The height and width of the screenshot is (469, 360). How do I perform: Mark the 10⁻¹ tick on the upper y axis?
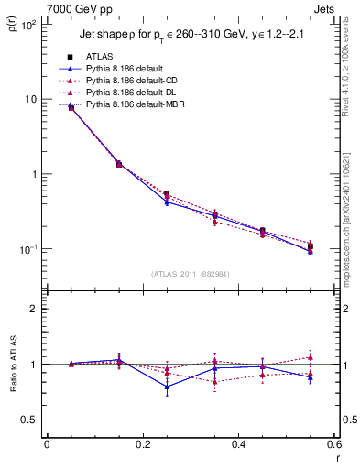coord(28,249)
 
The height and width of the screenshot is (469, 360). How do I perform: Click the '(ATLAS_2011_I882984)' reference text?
coord(189,273)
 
